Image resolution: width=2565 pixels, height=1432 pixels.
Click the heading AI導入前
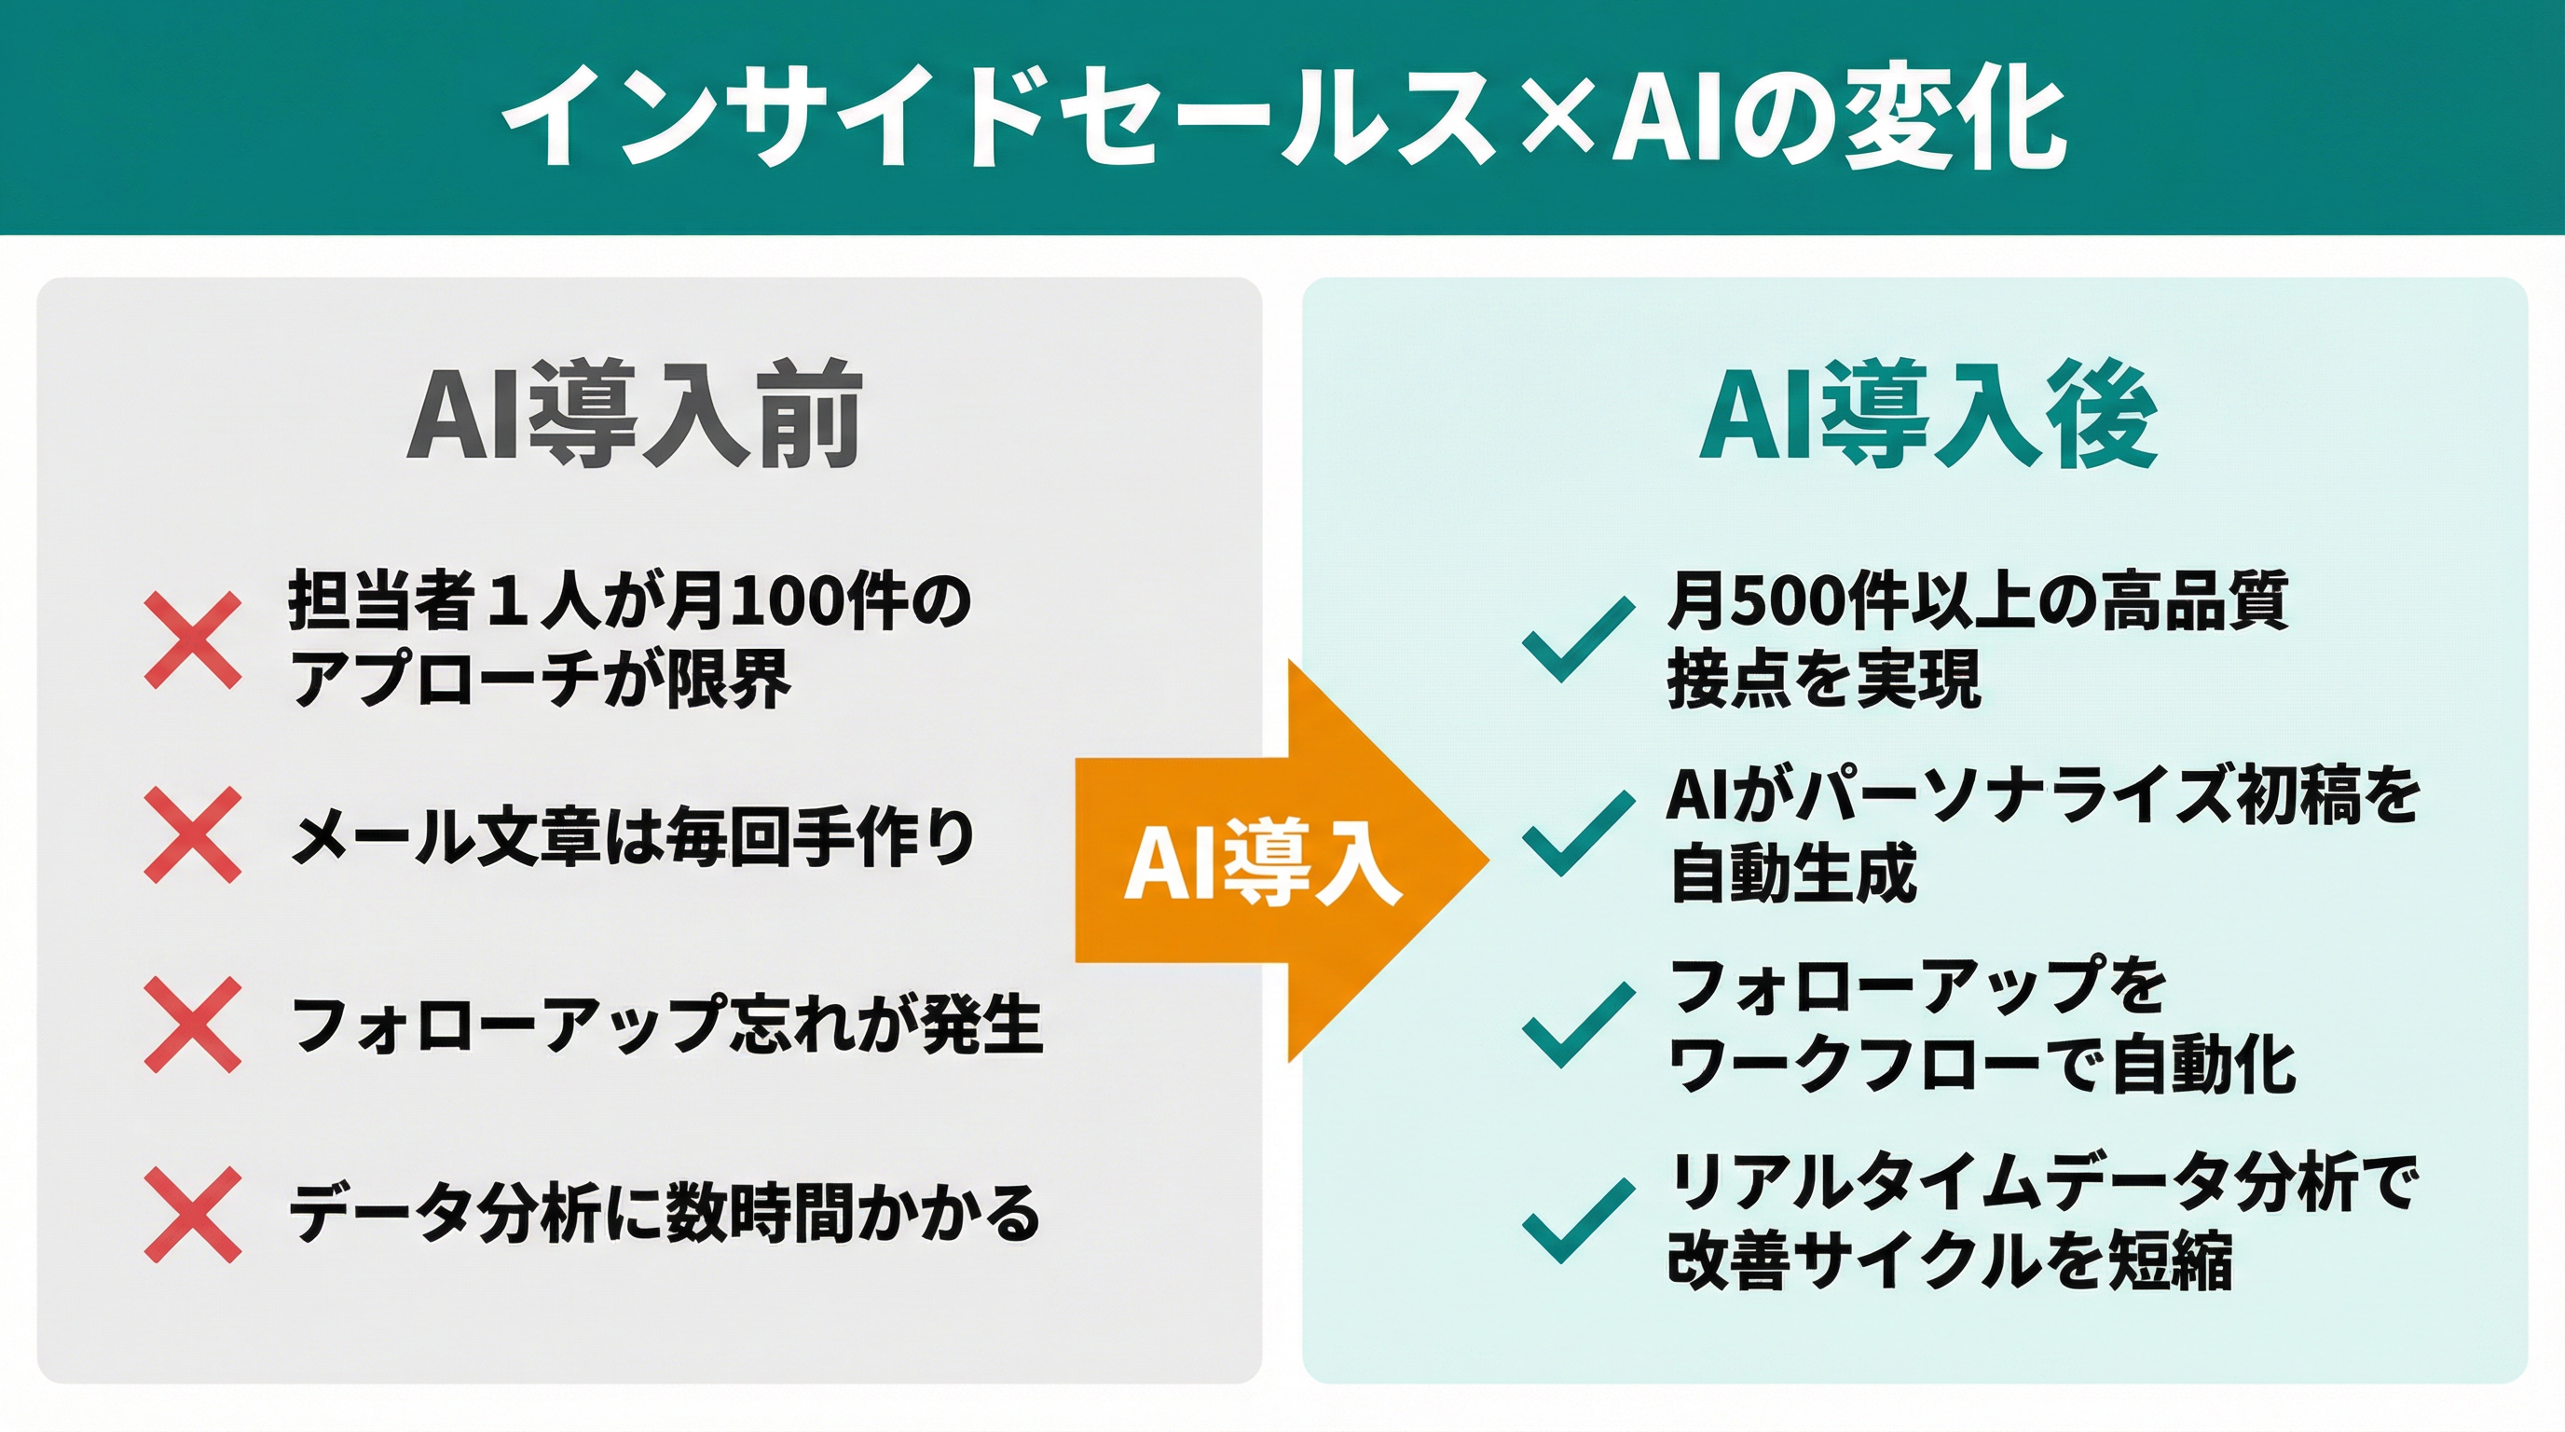pyautogui.click(x=635, y=415)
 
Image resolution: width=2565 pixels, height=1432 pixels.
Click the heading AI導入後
pyautogui.click(x=1928, y=415)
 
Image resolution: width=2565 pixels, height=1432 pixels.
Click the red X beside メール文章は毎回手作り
pyautogui.click(x=193, y=834)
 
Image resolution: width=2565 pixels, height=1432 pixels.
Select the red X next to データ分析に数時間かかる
pyautogui.click(x=193, y=1215)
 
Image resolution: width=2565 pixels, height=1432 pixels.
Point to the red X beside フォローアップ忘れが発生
pyautogui.click(x=193, y=1025)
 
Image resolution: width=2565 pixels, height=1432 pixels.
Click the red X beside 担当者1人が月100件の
pyautogui.click(x=193, y=640)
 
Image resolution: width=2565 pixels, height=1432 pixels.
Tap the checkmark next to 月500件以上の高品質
pyautogui.click(x=1578, y=640)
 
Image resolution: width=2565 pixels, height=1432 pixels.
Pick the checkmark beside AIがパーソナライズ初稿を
pyautogui.click(x=1578, y=834)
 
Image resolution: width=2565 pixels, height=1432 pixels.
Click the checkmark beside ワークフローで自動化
pyautogui.click(x=1578, y=1026)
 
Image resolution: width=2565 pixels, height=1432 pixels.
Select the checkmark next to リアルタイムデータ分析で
pyautogui.click(x=1578, y=1221)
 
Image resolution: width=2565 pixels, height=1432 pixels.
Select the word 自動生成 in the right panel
pyautogui.click(x=1792, y=874)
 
